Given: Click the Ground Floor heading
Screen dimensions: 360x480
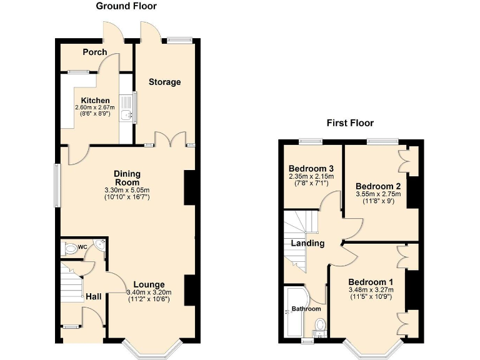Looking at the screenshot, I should coord(126,6).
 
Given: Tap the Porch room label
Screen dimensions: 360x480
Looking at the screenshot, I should coord(95,52).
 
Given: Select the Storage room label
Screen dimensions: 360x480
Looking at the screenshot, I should coord(164,82).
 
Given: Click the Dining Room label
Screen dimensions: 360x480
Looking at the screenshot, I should coord(127,178).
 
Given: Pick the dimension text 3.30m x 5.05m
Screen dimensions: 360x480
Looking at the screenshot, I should coord(127,191).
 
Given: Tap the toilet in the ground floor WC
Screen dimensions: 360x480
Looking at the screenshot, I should coord(71,249).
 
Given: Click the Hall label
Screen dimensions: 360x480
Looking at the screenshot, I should coord(94,296).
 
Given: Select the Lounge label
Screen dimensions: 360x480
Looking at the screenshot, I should coord(148,285).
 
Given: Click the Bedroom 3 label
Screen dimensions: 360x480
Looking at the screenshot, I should coord(311,169).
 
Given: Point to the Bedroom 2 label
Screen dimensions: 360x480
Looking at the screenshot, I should coord(378,186).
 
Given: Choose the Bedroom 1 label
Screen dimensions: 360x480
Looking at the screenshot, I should coord(371,282).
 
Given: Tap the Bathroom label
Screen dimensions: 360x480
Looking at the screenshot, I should coord(306,309).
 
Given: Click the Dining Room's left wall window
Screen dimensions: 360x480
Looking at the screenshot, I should coord(57,186).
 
